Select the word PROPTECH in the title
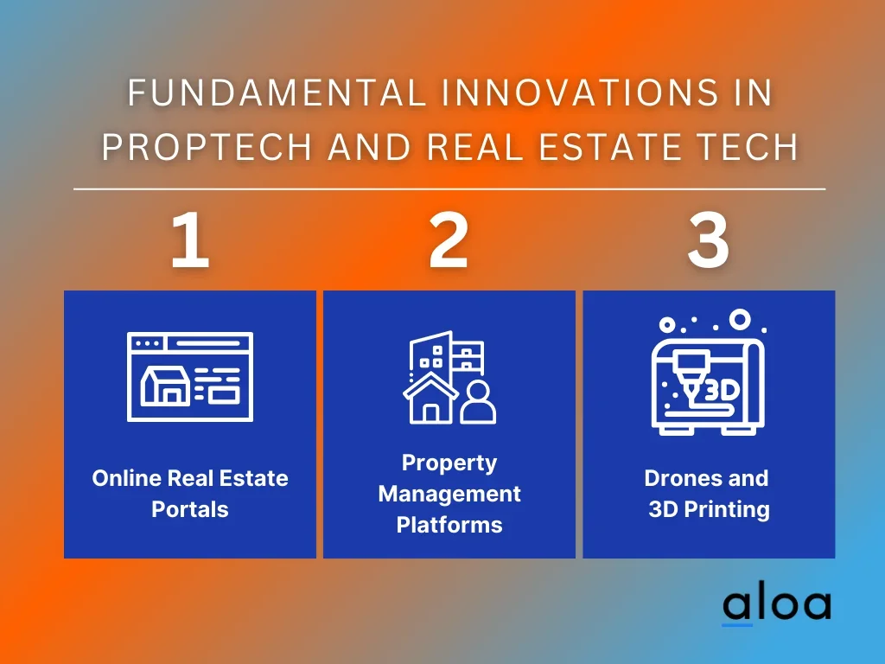click(x=207, y=147)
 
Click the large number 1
click(x=190, y=240)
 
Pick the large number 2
click(x=449, y=240)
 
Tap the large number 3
click(x=709, y=240)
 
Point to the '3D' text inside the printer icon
click(x=723, y=390)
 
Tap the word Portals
click(x=190, y=509)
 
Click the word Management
click(x=449, y=494)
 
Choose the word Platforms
click(x=449, y=525)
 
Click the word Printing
click(x=727, y=510)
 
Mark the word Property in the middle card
click(x=449, y=463)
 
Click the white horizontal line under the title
click(x=449, y=189)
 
